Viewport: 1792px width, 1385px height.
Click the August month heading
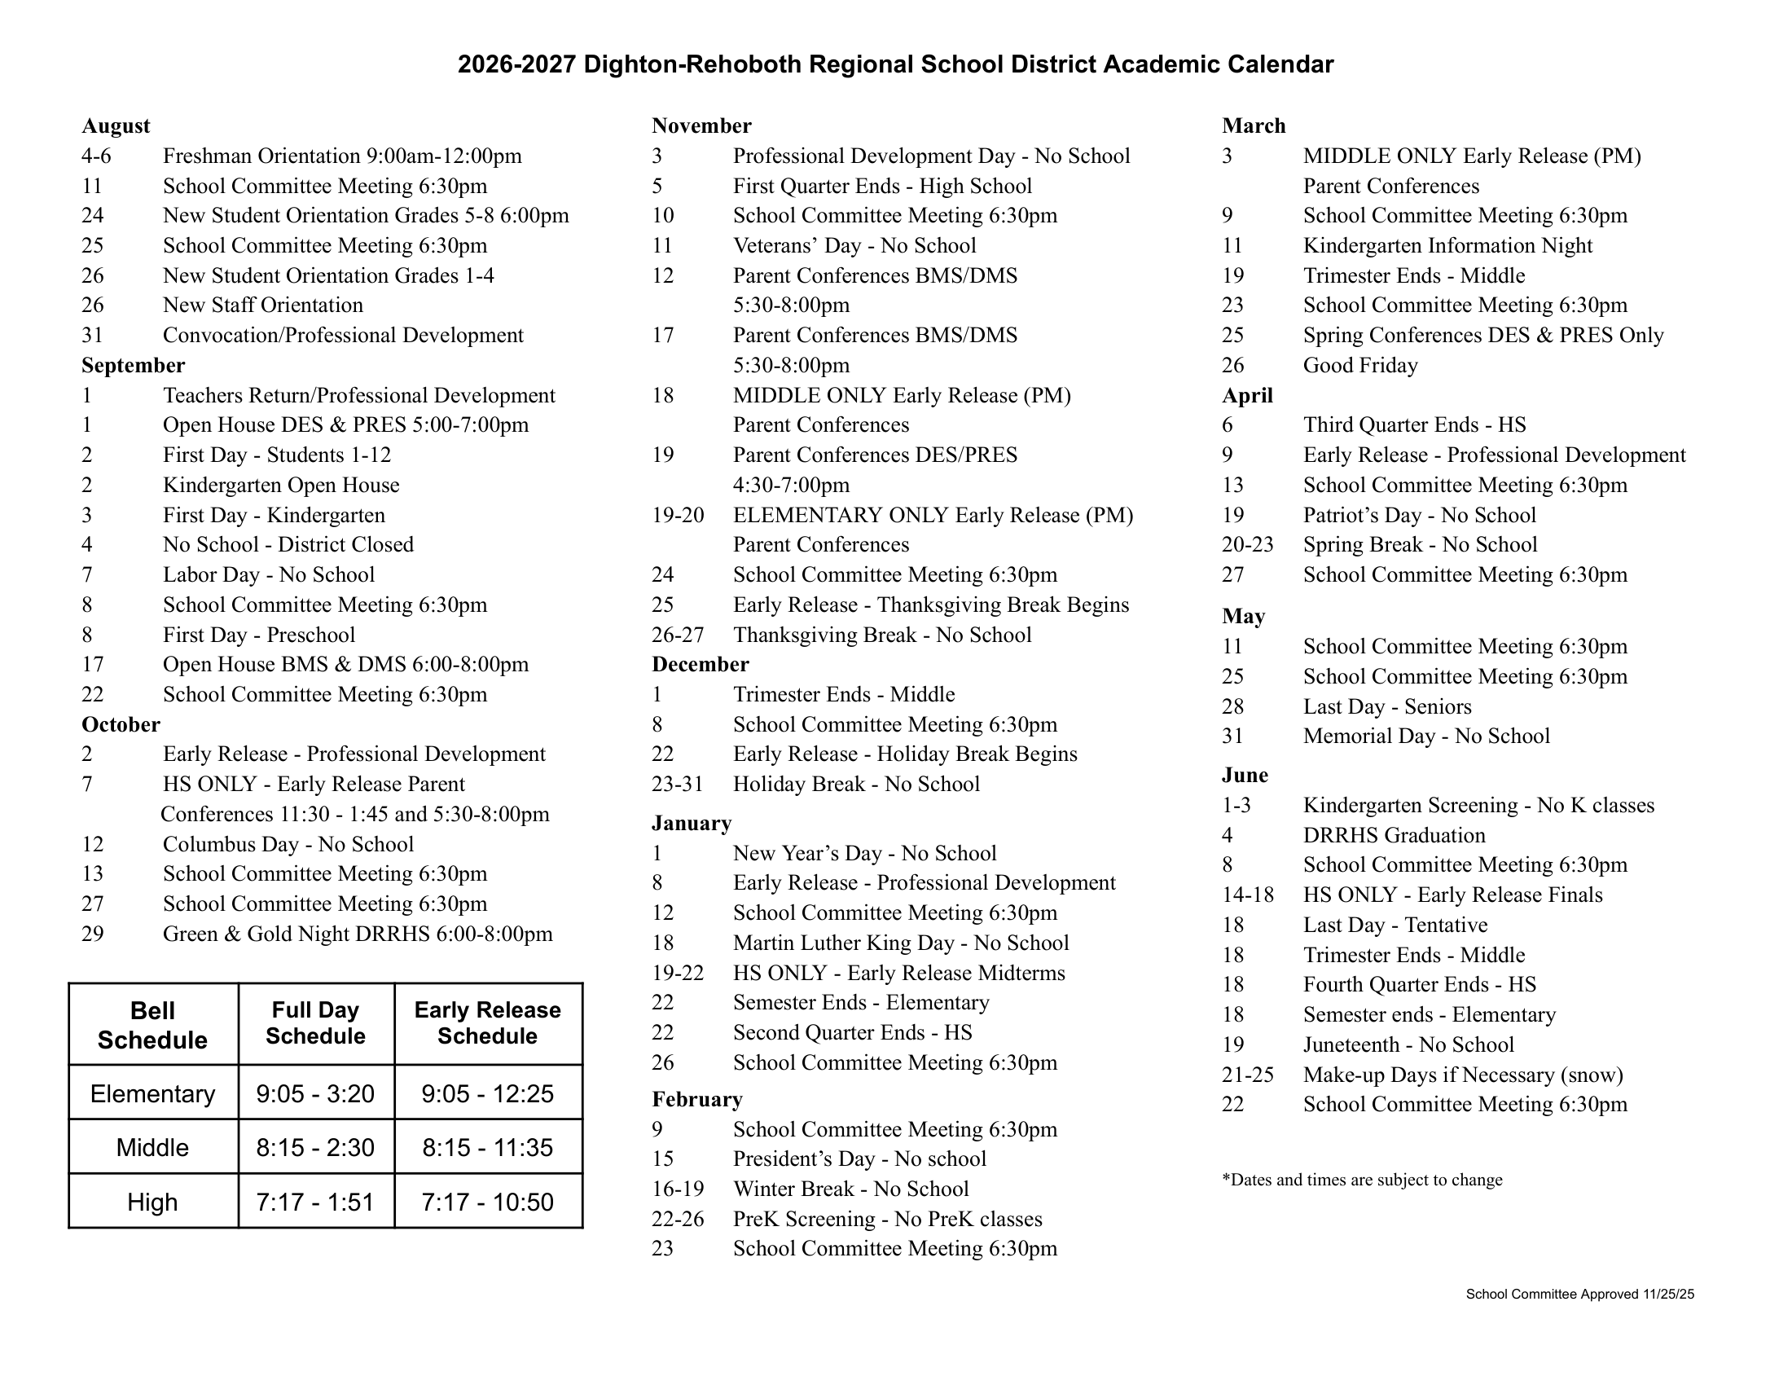[x=116, y=125]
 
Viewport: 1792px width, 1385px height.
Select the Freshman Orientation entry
[x=341, y=156]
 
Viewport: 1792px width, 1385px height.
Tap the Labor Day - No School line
[x=268, y=574]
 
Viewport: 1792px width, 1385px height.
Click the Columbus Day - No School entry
[x=288, y=844]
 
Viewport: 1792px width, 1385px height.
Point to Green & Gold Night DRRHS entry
[x=358, y=934]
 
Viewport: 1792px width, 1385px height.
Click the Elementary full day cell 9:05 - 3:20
[x=315, y=1093]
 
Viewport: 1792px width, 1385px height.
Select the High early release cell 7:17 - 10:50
[x=487, y=1202]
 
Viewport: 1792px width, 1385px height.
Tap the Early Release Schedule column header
[x=487, y=1023]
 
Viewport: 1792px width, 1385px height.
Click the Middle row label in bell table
[x=152, y=1147]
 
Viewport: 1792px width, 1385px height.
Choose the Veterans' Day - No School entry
[x=854, y=245]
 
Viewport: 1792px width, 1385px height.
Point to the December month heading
[x=700, y=665]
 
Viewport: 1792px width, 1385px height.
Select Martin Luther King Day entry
[x=900, y=943]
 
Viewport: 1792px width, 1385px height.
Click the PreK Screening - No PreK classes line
[x=887, y=1220]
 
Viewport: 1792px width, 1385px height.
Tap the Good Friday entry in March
[x=1359, y=365]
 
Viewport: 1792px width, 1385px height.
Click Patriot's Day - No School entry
[x=1419, y=515]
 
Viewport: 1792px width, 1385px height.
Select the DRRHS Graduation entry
[x=1394, y=835]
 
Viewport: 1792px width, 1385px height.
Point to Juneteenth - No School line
[x=1408, y=1044]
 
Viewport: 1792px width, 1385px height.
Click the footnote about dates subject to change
[x=1362, y=1180]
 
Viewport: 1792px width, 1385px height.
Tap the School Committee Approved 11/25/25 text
[x=1579, y=1295]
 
